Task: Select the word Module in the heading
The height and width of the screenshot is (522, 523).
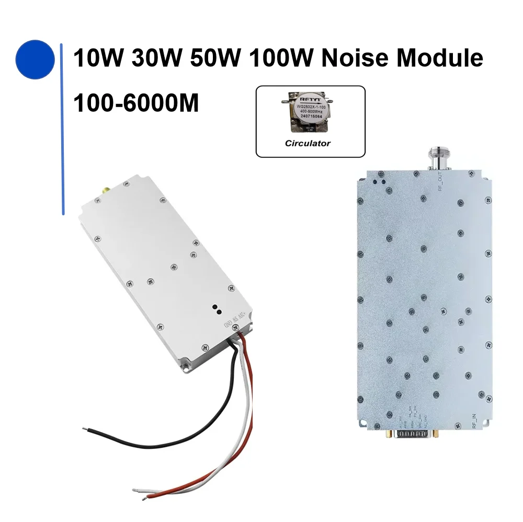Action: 439,58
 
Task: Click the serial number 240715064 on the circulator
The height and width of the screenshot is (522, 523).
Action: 310,116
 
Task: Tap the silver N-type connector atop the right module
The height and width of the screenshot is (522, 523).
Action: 439,157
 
